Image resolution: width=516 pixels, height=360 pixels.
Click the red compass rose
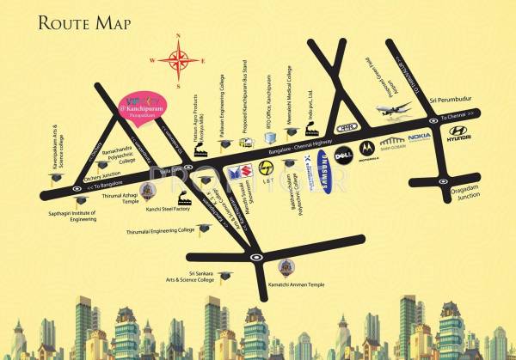click(180, 60)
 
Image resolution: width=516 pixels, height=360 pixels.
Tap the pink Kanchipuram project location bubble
click(143, 107)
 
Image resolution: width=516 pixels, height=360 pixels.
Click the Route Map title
click(85, 22)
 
